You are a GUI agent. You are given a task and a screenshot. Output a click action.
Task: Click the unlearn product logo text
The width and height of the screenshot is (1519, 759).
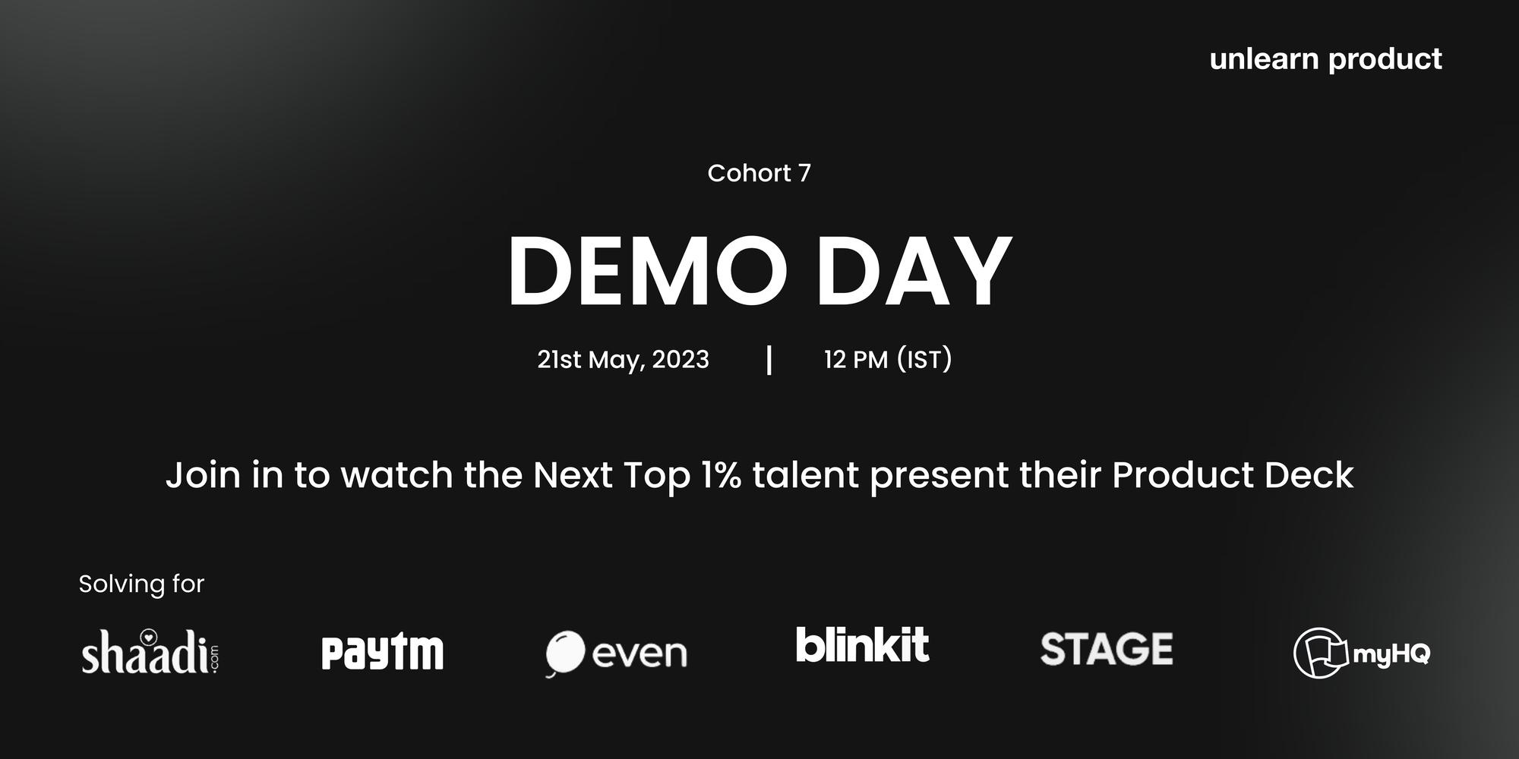tap(1325, 59)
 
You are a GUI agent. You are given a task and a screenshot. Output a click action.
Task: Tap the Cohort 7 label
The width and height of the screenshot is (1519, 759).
tap(759, 173)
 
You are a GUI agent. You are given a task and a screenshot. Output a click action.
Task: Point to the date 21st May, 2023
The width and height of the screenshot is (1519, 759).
tap(623, 360)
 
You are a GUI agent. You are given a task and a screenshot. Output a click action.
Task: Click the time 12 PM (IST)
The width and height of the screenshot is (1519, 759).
tap(888, 360)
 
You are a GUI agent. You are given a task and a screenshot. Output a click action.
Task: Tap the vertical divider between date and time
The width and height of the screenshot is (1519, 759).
tap(769, 360)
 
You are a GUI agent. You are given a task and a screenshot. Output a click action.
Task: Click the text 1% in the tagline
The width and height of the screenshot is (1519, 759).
tap(721, 475)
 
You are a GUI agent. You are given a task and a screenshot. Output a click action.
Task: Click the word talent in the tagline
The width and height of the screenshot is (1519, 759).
tap(805, 475)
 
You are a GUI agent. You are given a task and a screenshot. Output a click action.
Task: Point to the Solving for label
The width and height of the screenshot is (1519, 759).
tap(141, 584)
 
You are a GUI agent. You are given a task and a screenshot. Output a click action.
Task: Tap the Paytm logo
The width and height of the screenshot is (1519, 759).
tap(383, 653)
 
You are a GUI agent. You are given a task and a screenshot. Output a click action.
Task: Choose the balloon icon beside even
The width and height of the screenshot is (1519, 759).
tap(565, 652)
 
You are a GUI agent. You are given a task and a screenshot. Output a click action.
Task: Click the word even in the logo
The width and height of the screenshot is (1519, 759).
tap(639, 653)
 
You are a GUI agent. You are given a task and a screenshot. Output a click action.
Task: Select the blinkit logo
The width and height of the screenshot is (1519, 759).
tap(862, 645)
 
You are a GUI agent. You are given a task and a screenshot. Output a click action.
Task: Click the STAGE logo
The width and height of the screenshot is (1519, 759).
tap(1107, 650)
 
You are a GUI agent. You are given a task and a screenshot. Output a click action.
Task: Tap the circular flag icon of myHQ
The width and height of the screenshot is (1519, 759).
tap(1320, 653)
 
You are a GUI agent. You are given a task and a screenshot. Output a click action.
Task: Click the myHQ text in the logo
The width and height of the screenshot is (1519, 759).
tap(1391, 653)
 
